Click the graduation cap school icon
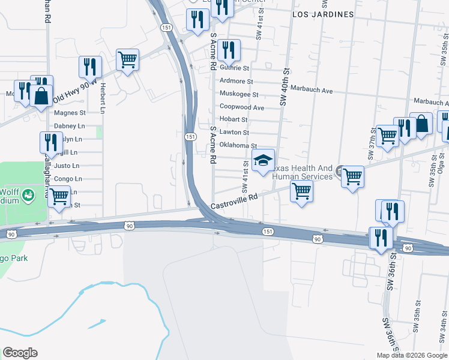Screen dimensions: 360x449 pos(262,160)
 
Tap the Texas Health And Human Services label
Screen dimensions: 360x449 pos(303,172)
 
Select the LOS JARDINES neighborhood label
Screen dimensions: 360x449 pos(322,13)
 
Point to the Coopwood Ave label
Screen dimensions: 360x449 pos(242,107)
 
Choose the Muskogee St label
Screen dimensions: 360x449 pos(239,95)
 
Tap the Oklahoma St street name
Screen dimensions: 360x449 pos(238,146)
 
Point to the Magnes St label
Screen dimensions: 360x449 pos(70,113)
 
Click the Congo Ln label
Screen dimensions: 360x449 pos(68,179)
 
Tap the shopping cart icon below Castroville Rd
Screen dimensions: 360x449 pos(301,191)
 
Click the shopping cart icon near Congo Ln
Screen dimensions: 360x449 pos(59,196)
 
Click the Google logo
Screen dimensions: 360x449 pos(20,353)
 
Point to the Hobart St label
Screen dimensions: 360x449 pos(234,120)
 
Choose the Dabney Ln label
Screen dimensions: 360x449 pos(70,126)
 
